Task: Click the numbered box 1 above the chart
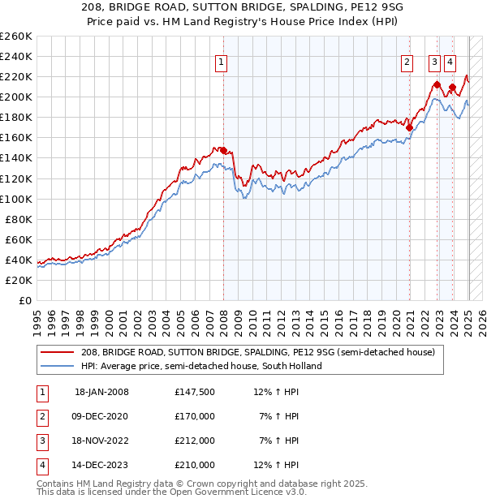click(221, 60)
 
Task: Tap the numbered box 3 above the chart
click(435, 60)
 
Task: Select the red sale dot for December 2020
click(409, 127)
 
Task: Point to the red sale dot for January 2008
click(223, 150)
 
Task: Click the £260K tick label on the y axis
click(16, 37)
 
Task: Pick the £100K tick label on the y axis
click(16, 199)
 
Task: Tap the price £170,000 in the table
click(195, 416)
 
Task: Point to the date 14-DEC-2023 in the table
click(101, 465)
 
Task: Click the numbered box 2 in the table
click(41, 416)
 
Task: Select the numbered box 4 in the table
click(41, 465)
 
